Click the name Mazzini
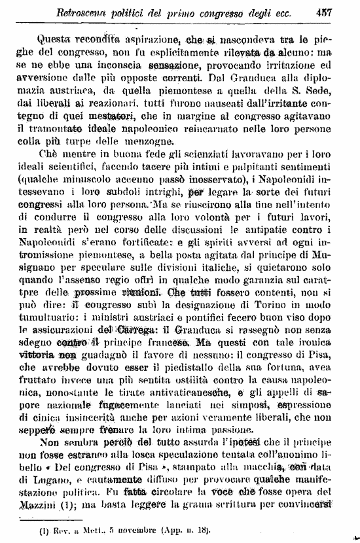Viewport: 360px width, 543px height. point(58,504)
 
